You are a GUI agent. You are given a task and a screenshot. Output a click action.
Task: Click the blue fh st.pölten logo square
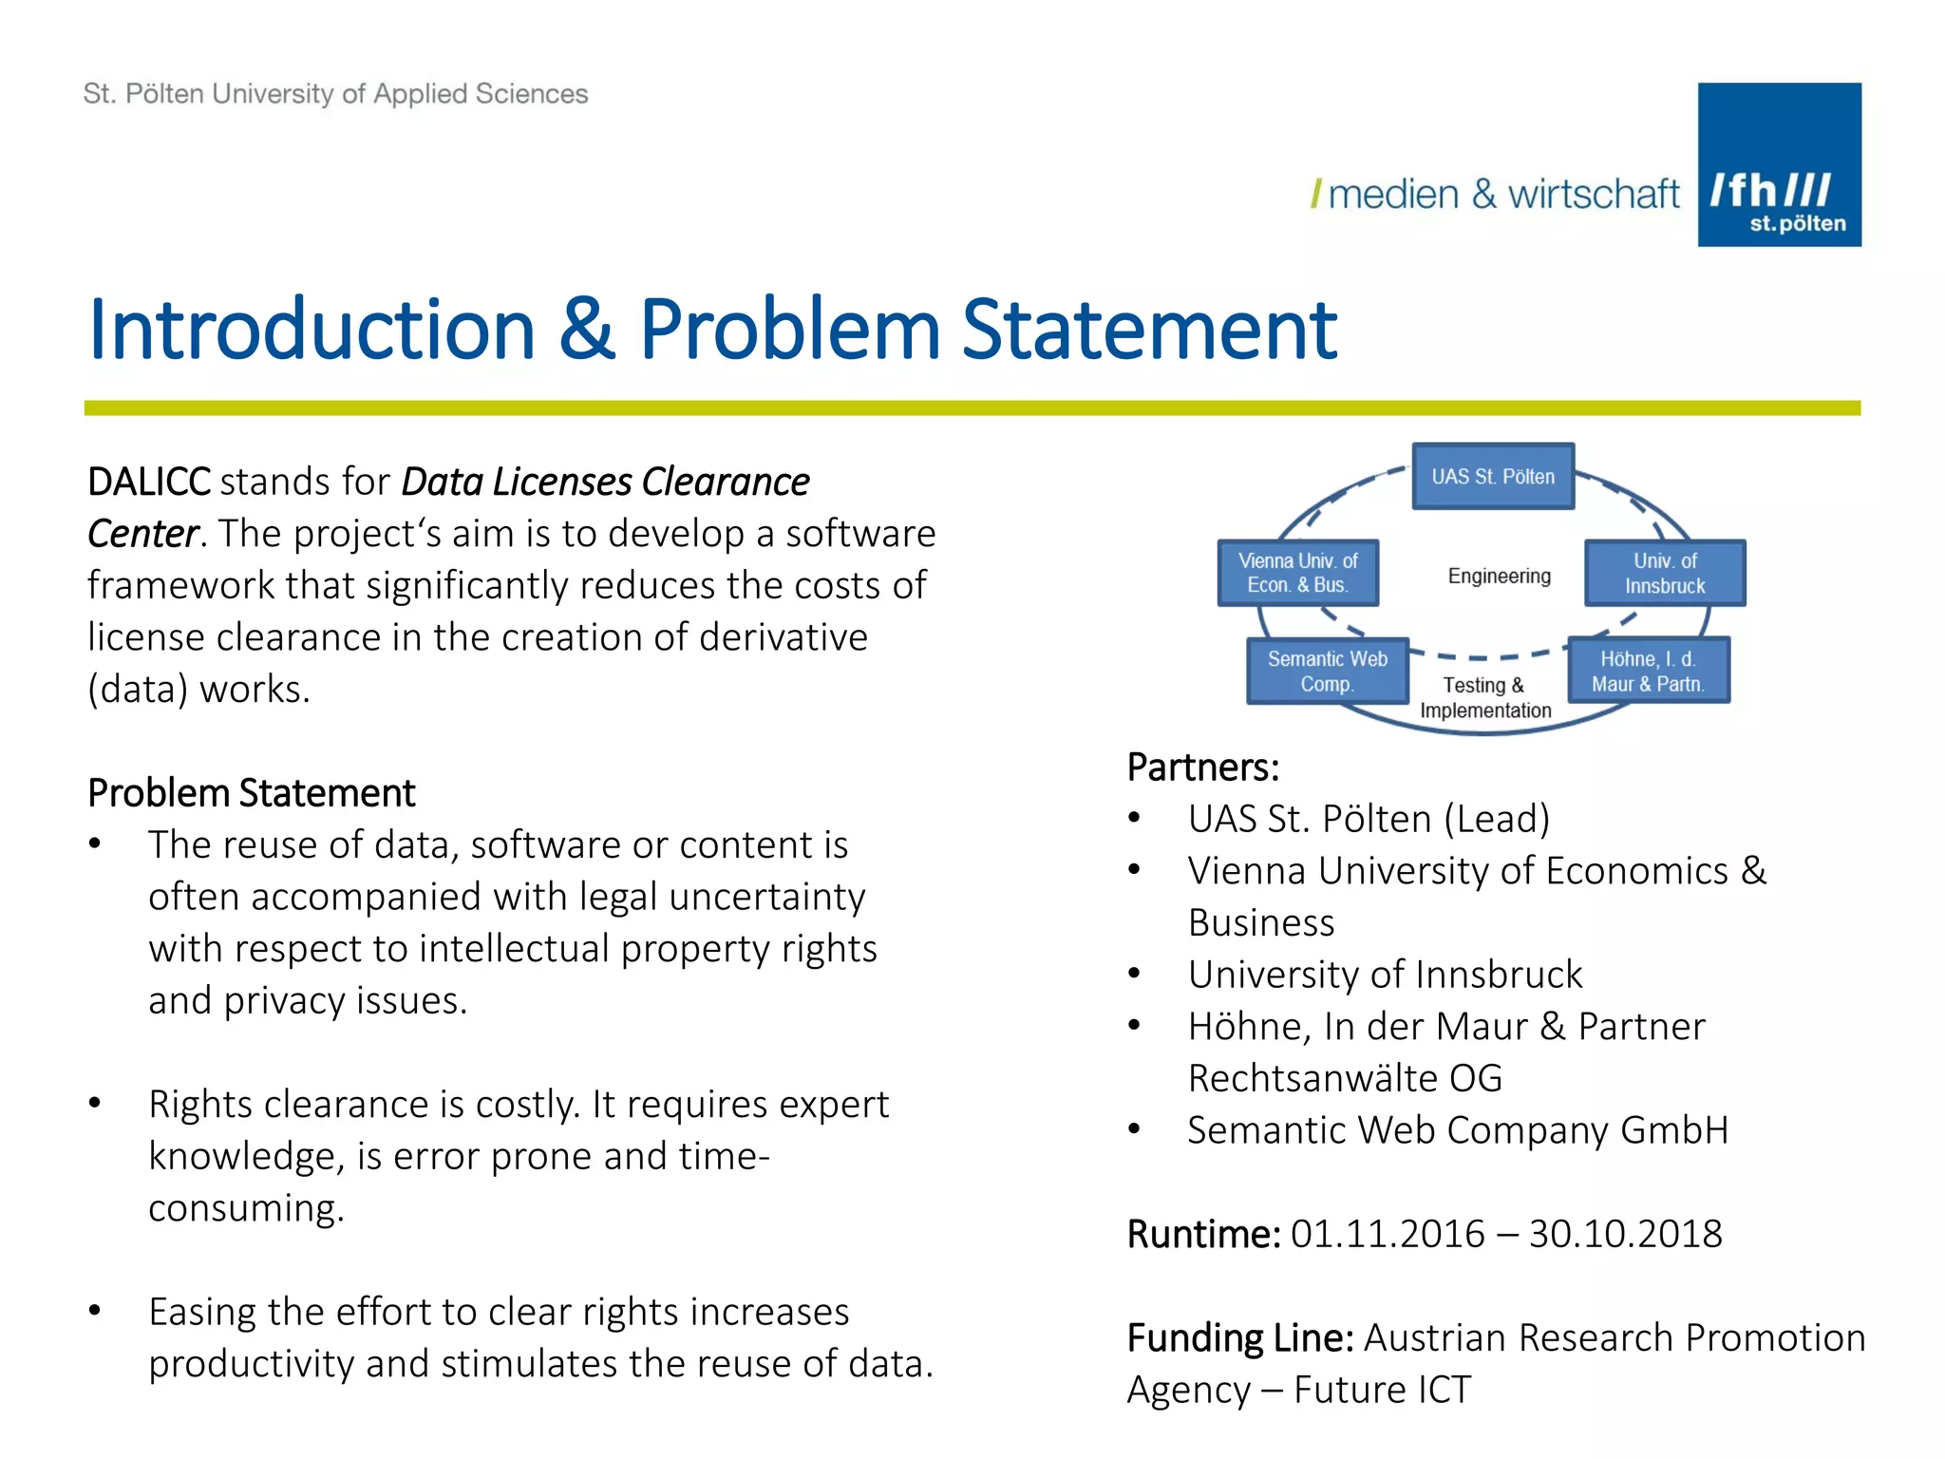pyautogui.click(x=1779, y=164)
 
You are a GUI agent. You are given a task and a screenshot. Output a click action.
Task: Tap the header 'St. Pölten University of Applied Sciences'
pyautogui.click(x=335, y=94)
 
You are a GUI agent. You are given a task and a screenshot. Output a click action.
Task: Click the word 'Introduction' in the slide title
pyautogui.click(x=312, y=330)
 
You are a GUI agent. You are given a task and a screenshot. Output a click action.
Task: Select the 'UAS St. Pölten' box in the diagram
pyautogui.click(x=1493, y=477)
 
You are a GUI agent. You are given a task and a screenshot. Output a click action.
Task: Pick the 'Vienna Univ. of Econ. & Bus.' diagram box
pyautogui.click(x=1297, y=574)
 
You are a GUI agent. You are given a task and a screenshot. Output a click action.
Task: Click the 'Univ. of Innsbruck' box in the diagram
pyautogui.click(x=1664, y=574)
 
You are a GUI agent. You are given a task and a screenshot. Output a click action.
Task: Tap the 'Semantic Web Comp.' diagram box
pyautogui.click(x=1327, y=672)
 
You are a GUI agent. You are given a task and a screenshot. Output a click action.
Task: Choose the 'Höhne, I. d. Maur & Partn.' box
pyautogui.click(x=1648, y=672)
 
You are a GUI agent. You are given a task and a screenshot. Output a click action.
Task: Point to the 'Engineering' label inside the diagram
pyautogui.click(x=1499, y=577)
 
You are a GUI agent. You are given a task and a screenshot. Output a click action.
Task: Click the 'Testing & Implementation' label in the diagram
pyautogui.click(x=1484, y=698)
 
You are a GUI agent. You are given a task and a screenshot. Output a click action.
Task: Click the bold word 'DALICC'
pyautogui.click(x=149, y=483)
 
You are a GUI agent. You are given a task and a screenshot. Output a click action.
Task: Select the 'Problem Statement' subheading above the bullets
pyautogui.click(x=252, y=793)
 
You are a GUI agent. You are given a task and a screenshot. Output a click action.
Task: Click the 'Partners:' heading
pyautogui.click(x=1203, y=767)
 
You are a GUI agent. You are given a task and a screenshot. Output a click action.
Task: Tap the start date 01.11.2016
pyautogui.click(x=1387, y=1234)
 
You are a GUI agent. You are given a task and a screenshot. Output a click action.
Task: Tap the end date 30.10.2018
pyautogui.click(x=1625, y=1234)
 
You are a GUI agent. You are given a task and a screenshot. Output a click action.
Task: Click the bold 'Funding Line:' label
pyautogui.click(x=1240, y=1338)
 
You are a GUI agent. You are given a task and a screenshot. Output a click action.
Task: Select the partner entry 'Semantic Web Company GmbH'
pyautogui.click(x=1457, y=1130)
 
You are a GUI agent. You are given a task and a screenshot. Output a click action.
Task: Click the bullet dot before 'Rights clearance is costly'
pyautogui.click(x=95, y=1104)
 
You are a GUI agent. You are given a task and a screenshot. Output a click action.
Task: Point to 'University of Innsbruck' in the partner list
pyautogui.click(x=1385, y=975)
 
